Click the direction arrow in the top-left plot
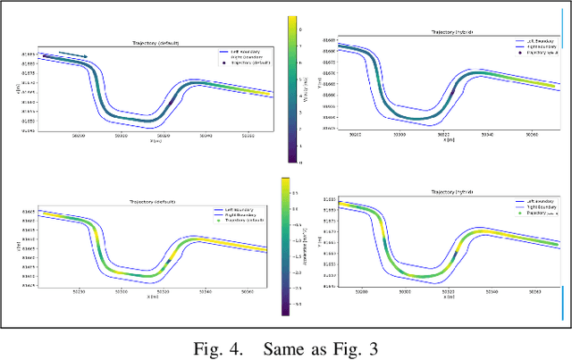[74, 55]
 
